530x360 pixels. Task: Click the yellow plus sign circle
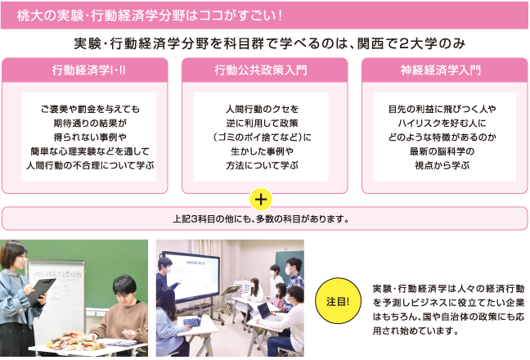(261, 199)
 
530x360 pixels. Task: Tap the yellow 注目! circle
(338, 300)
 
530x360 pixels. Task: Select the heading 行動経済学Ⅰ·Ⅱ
(88, 70)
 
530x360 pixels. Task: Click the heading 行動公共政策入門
(261, 70)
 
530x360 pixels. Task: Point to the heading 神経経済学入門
(440, 70)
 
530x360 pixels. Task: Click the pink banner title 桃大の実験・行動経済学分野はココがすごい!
(149, 16)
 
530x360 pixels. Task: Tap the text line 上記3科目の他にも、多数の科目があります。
(261, 219)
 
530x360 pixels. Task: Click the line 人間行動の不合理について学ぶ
(90, 165)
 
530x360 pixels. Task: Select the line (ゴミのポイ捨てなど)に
(263, 137)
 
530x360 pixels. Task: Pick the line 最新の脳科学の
(442, 151)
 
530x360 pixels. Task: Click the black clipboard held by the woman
(40, 292)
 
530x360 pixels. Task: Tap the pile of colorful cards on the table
(75, 340)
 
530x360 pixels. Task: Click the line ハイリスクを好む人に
(442, 123)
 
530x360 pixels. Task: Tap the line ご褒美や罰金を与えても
(90, 109)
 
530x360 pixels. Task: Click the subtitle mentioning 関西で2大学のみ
(269, 43)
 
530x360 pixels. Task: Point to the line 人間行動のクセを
(263, 109)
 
